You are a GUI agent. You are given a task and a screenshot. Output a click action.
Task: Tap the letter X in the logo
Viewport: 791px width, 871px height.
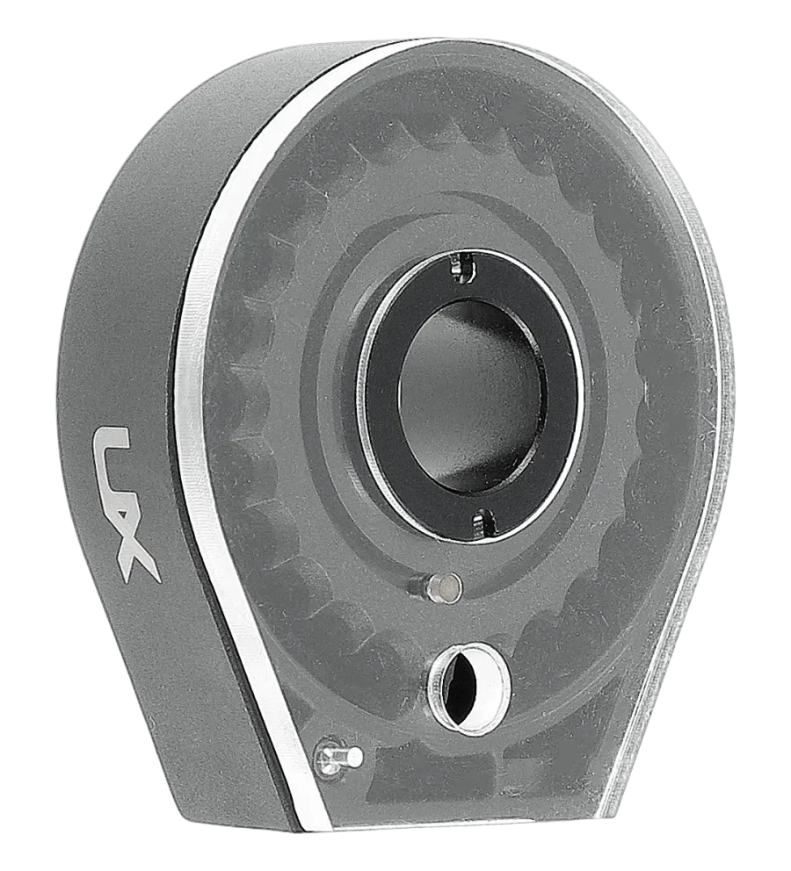(134, 544)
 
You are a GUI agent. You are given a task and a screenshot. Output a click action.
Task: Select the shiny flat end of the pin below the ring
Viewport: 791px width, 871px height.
(446, 587)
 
